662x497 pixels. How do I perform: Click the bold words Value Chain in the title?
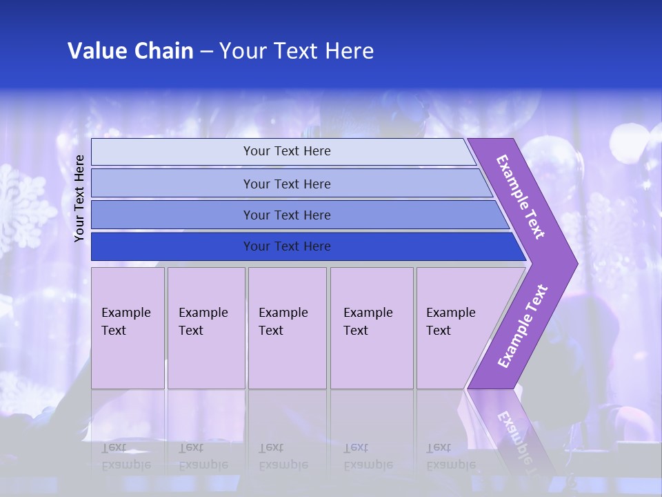tap(130, 51)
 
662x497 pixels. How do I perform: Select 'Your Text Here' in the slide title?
tap(297, 51)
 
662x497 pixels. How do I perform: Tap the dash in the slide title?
tap(206, 52)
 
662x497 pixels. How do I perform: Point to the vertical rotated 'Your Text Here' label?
tap(80, 198)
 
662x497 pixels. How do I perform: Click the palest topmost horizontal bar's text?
tap(287, 151)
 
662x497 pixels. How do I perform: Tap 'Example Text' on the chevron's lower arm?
tap(522, 326)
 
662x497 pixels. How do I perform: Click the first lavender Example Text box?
tap(128, 328)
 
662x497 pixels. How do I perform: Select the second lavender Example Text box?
tap(205, 328)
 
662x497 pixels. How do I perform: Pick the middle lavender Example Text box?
tap(287, 328)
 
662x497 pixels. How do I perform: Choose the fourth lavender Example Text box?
tap(371, 328)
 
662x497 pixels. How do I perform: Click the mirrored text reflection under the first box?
tap(126, 456)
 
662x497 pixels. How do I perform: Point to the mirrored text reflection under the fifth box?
tap(450, 456)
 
